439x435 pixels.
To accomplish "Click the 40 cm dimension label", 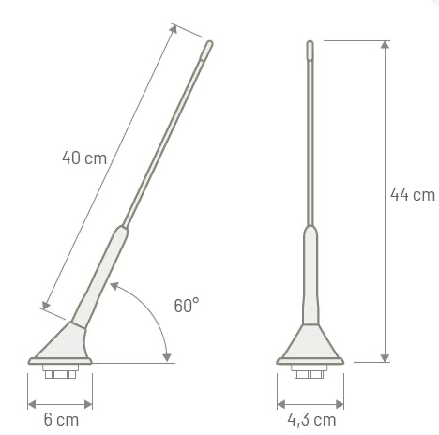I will [x=83, y=157].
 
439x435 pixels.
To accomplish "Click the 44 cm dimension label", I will [x=413, y=195].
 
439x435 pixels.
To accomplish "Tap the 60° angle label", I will [x=187, y=306].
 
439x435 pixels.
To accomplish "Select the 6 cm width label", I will [x=61, y=419].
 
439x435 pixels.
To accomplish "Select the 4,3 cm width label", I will [x=310, y=419].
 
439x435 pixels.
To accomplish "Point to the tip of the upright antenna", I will [x=310, y=43].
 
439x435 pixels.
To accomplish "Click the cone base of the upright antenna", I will [x=310, y=344].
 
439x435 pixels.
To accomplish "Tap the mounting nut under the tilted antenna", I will [x=61, y=373].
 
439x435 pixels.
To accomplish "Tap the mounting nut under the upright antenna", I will [x=309, y=373].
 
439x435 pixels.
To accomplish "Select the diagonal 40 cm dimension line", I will [x=108, y=169].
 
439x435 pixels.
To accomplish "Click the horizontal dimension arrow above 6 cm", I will [x=61, y=404].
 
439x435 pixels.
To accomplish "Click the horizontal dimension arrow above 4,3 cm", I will [x=309, y=404].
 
